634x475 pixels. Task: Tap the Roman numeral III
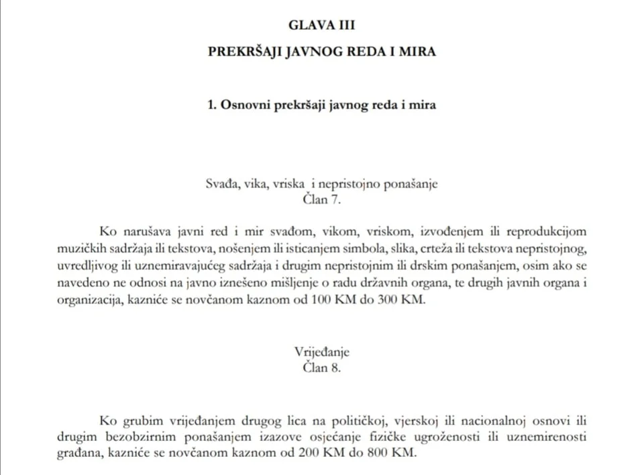[345, 26]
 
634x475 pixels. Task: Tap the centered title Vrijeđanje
[322, 352]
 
